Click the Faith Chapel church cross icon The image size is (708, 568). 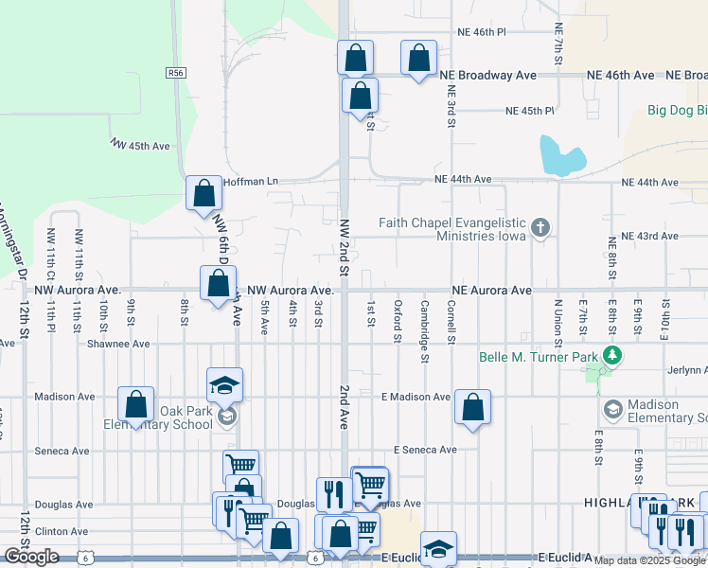[x=540, y=227]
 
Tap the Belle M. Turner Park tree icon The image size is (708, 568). [x=613, y=356]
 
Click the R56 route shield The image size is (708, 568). [x=174, y=72]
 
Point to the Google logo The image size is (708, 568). [x=31, y=557]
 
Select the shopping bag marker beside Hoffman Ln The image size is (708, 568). [x=204, y=194]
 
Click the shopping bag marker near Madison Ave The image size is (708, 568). [x=136, y=405]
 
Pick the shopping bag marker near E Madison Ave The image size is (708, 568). [x=472, y=408]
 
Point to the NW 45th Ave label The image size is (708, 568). [x=139, y=145]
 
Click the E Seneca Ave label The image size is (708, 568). [x=425, y=450]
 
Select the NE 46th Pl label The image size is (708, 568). [x=479, y=31]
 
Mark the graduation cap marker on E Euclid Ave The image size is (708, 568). [x=438, y=550]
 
